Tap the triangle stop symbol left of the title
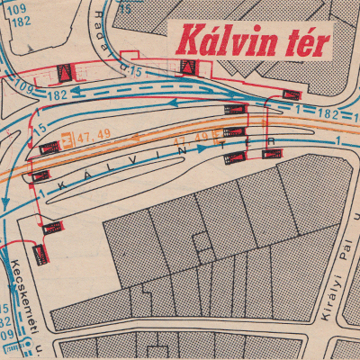click(x=186, y=67)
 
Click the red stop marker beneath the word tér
click(x=291, y=94)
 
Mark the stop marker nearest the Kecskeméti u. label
click(x=40, y=255)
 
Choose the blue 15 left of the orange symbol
click(x=40, y=131)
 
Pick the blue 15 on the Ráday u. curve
click(x=137, y=70)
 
